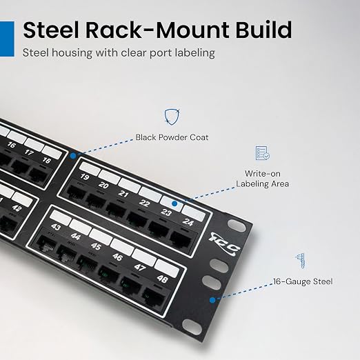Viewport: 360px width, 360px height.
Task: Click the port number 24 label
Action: click(188, 222)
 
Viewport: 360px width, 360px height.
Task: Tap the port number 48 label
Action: click(162, 279)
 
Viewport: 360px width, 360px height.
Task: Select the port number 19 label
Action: click(85, 177)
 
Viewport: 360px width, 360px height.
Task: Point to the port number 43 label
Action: click(56, 227)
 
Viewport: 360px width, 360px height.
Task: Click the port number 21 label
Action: click(123, 194)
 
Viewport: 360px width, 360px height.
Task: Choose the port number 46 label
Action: click(117, 257)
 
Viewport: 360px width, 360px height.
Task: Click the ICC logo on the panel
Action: click(224, 244)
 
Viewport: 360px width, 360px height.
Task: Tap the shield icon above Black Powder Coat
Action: click(172, 117)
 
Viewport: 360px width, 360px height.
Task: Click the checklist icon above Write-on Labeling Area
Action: click(263, 153)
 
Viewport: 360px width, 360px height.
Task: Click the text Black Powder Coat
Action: click(172, 137)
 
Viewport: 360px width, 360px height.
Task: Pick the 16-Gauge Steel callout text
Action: click(303, 281)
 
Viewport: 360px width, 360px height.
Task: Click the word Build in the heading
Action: click(263, 30)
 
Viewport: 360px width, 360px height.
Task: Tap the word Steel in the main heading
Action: click(50, 30)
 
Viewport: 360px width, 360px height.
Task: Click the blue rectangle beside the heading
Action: click(7, 39)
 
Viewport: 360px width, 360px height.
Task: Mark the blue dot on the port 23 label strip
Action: click(174, 203)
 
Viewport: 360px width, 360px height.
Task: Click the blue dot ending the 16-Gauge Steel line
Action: click(212, 300)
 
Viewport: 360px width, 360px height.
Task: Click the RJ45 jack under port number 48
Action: click(154, 297)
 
